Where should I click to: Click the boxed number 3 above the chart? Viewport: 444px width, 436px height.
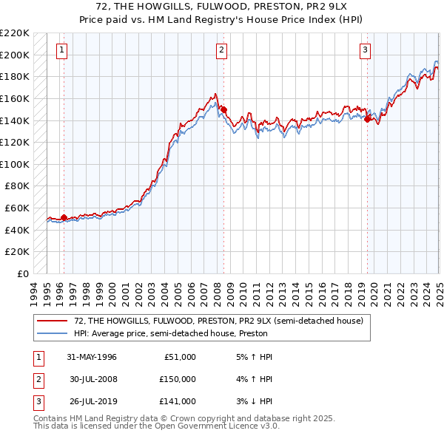click(366, 50)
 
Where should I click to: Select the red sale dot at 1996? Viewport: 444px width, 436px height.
click(64, 217)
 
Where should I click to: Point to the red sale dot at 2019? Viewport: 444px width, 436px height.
click(368, 117)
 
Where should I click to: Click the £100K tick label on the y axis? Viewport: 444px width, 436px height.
click(16, 163)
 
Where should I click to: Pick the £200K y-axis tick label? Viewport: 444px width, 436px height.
click(16, 55)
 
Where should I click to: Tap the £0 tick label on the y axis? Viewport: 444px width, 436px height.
click(24, 273)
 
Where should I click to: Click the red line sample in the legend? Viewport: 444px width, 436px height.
click(53, 321)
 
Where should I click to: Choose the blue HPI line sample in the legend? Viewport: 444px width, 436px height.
click(53, 333)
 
